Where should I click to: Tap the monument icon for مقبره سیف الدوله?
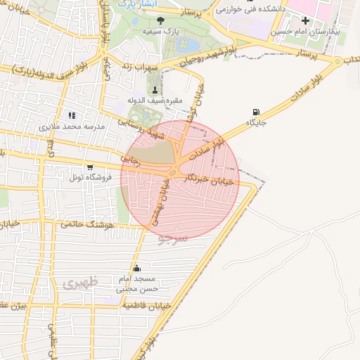click(155, 89)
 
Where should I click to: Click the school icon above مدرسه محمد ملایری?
click(71, 115)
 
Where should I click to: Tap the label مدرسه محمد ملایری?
click(71, 127)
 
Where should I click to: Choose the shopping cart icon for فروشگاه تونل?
click(90, 167)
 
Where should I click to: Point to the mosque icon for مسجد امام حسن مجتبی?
click(136, 267)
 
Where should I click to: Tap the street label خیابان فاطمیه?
click(148, 307)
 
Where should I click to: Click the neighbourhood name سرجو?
click(172, 239)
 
